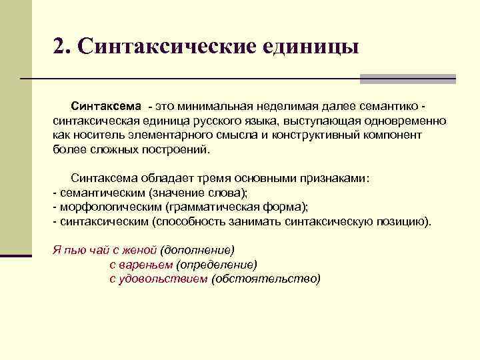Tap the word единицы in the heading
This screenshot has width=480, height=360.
pos(311,47)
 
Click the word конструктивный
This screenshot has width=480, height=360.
pos(312,135)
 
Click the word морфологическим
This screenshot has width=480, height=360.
pos(110,207)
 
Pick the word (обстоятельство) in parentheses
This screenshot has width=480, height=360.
pos(265,279)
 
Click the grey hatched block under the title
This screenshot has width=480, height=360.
pos(407,79)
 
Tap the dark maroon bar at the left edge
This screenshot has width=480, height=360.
pos(15,255)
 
